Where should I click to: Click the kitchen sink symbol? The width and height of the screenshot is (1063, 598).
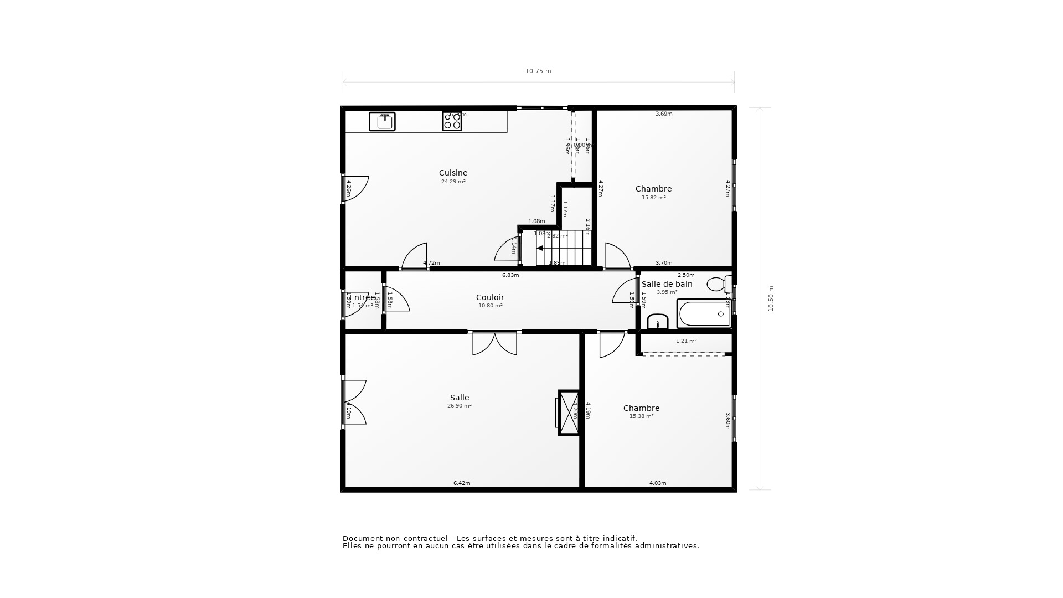(382, 121)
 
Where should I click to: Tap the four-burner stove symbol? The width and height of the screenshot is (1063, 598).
(452, 121)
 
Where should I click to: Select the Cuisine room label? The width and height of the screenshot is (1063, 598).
(453, 173)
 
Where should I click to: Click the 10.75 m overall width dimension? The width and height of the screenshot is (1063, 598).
(538, 71)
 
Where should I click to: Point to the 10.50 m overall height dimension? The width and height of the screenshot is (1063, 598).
(770, 298)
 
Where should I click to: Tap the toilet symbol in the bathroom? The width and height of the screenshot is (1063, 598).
(718, 284)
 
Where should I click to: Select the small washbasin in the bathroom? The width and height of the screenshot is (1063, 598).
(658, 322)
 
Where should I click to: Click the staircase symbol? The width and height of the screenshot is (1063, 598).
(564, 248)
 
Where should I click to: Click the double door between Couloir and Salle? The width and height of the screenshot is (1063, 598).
(494, 343)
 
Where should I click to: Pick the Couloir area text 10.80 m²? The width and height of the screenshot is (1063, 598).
(490, 306)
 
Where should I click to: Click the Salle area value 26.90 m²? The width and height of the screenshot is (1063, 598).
(459, 406)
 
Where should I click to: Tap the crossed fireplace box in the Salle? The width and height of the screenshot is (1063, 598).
(569, 413)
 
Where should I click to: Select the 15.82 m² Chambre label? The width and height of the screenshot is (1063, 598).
(653, 198)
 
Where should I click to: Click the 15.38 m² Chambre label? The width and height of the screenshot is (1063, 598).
(641, 416)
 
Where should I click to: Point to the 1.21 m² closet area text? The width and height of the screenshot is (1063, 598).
(686, 341)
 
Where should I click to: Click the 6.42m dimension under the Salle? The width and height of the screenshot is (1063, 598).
(462, 483)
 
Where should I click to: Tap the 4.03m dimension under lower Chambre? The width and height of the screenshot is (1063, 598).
(658, 483)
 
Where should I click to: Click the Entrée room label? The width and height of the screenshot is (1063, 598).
(362, 297)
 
